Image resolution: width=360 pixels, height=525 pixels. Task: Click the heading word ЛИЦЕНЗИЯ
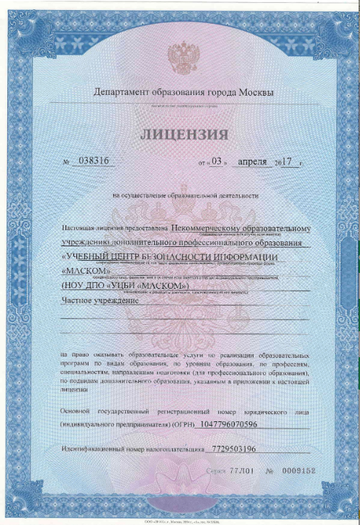(184, 135)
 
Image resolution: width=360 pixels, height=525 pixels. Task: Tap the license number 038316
(91, 161)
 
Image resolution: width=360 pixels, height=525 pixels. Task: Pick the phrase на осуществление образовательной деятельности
(184, 195)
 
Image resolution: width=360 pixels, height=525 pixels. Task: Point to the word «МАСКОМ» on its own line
(86, 270)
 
